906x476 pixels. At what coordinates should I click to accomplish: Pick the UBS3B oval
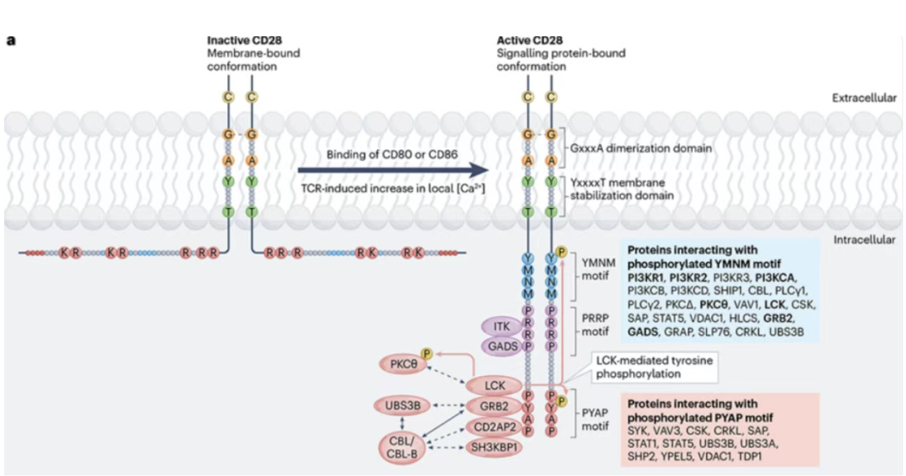[x=402, y=406]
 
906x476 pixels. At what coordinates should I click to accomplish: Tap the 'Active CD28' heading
[x=530, y=40]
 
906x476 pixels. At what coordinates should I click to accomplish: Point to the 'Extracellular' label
[x=864, y=98]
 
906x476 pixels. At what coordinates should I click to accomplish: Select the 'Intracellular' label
[x=864, y=240]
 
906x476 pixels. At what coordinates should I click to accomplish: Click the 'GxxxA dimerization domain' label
[x=640, y=148]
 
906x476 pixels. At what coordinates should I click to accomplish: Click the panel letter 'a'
[x=11, y=40]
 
